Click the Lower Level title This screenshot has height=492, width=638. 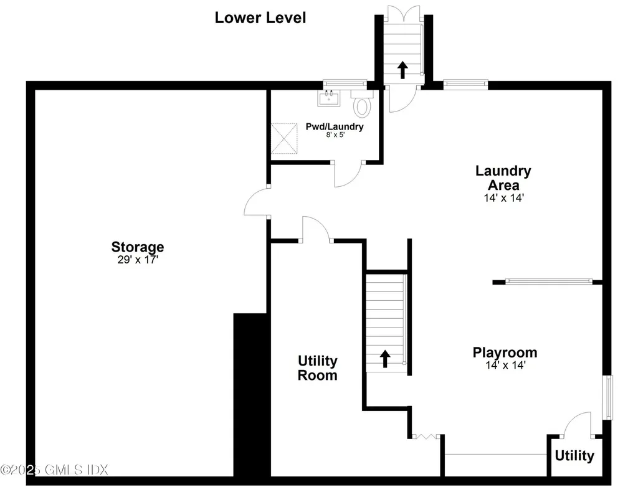[260, 17]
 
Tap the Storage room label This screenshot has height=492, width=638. [138, 247]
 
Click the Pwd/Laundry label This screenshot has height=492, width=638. [334, 126]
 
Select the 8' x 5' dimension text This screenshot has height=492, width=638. [334, 135]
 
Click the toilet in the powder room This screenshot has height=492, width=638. [361, 106]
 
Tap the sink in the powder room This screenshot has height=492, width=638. [328, 98]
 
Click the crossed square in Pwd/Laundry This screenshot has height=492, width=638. [285, 138]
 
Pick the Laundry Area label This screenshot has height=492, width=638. [503, 177]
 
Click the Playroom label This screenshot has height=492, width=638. [505, 352]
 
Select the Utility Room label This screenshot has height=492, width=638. [317, 368]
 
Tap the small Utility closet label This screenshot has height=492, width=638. [574, 456]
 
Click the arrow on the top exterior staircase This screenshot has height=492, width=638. [402, 69]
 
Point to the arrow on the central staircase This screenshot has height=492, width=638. [385, 357]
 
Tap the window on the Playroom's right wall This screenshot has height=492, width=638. [607, 396]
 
